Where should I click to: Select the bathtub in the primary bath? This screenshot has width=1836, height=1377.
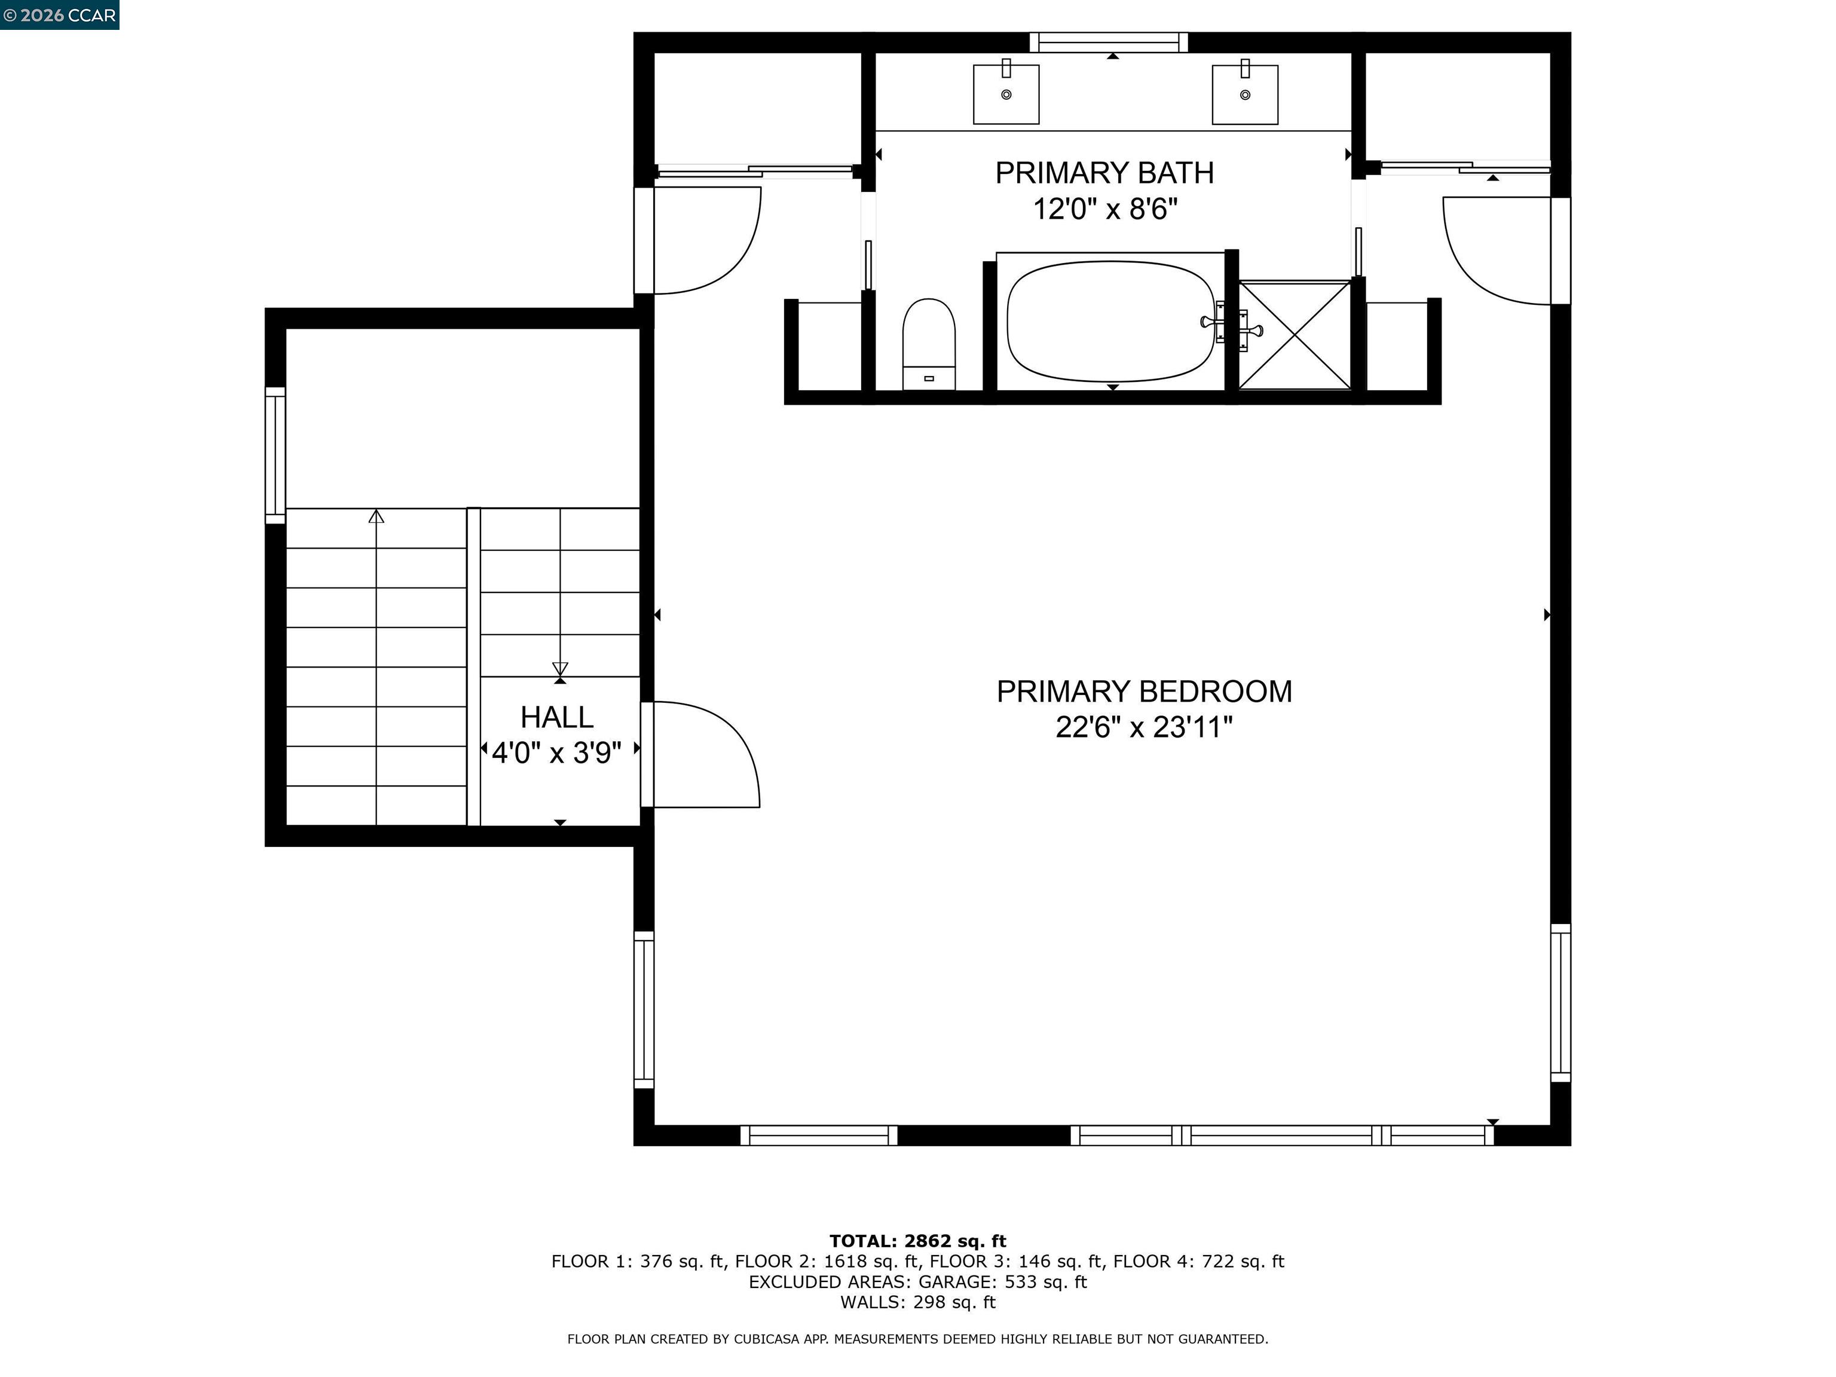[1110, 322]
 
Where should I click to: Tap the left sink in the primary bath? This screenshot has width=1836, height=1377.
[1006, 94]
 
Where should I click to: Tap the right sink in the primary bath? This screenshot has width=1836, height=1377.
[1244, 94]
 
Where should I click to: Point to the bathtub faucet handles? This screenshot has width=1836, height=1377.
[1232, 326]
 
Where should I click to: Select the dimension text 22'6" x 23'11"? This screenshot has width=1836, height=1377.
[1144, 728]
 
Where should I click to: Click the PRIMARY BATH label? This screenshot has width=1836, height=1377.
[1104, 173]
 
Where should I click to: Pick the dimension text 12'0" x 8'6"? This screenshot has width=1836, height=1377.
[1104, 209]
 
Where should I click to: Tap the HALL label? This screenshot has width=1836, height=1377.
[557, 717]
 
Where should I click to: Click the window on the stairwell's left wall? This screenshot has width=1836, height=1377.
[275, 455]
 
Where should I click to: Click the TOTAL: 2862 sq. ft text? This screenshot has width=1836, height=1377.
[917, 1241]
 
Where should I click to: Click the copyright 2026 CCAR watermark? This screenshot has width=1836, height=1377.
[59, 15]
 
